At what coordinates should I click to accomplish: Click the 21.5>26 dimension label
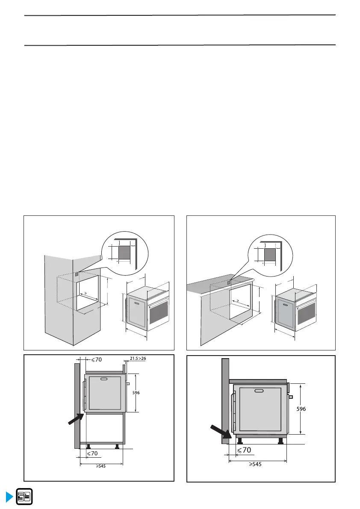138,359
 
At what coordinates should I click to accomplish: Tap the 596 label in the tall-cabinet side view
136,393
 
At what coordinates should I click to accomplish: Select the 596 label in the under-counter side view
301,409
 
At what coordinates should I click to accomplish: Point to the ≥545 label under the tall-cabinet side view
100,466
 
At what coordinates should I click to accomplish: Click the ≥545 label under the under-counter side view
255,464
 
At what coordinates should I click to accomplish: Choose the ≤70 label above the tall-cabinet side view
96,360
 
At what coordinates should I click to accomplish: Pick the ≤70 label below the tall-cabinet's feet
92,453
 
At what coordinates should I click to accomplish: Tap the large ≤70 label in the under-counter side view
244,450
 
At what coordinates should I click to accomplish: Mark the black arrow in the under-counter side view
221,431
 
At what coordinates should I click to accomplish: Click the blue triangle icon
9,497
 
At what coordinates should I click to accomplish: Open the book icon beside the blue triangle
24,497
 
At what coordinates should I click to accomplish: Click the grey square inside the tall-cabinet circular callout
124,252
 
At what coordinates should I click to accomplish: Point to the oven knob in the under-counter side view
291,397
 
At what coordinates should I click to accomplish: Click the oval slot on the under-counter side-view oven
259,391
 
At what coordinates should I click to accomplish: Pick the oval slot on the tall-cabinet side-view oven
104,379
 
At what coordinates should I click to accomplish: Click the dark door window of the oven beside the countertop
306,313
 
